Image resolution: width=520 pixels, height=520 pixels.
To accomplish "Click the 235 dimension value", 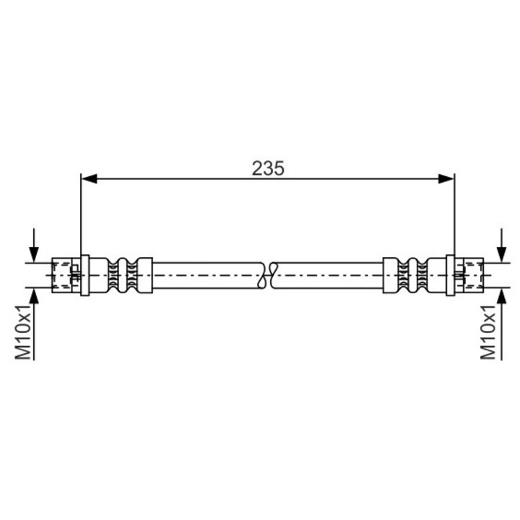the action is coord(268,168).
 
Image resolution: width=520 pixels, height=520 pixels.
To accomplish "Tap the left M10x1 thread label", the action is coord(23,332).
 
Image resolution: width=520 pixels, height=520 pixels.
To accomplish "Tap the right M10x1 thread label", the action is coord(488,332).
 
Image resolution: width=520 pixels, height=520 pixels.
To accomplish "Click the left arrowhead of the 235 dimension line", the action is coord(90,179).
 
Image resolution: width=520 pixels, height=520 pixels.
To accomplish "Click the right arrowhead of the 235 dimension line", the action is coord(446,179).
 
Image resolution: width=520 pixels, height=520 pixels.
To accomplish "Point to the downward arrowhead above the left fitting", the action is coord(33,255).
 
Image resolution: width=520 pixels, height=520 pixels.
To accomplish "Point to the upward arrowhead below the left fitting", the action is coord(34,296).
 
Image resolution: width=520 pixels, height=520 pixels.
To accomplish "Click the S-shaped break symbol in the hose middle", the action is coord(268,276).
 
